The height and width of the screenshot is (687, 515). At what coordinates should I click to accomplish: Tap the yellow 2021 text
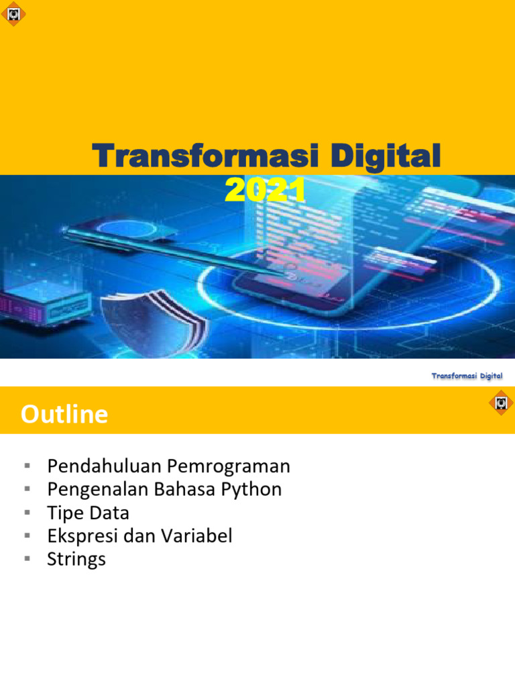point(266,190)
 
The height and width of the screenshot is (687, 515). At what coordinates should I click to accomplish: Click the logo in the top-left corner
point(13,13)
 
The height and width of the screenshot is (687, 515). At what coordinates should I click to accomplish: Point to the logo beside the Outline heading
point(500,403)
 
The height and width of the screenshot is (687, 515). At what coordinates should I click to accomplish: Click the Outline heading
point(64,415)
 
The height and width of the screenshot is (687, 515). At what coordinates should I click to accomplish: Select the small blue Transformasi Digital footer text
point(467,376)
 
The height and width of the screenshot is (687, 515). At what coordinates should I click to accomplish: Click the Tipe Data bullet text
point(88,513)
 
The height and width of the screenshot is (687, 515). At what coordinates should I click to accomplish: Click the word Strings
point(76,560)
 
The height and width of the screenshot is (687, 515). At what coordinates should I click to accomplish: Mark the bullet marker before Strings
point(27,559)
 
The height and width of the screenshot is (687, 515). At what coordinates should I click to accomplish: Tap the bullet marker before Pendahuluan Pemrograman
point(27,465)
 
